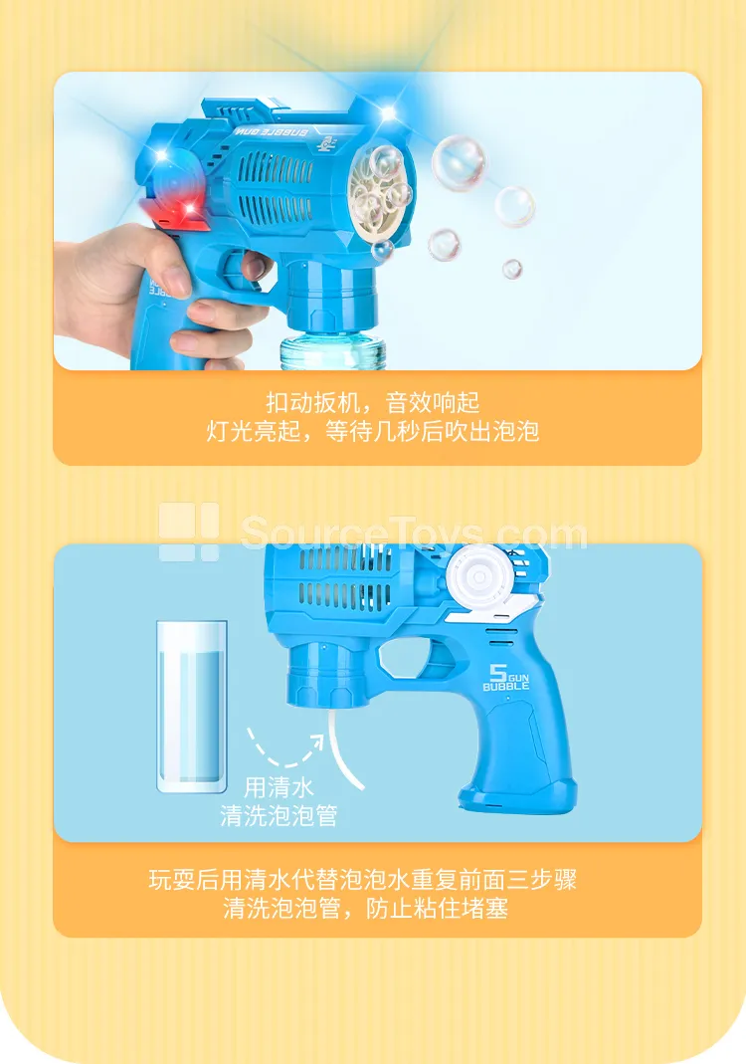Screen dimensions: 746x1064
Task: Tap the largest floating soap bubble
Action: (459, 163)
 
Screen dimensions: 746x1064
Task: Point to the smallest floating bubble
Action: (512, 270)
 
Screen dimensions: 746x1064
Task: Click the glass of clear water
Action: (192, 707)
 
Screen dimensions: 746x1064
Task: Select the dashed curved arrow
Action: (283, 755)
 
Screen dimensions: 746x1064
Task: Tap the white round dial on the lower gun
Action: (479, 577)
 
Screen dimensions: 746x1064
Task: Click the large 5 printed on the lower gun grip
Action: (498, 673)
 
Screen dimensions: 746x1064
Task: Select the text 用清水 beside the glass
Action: (279, 788)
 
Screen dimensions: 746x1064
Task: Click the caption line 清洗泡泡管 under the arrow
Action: (279, 815)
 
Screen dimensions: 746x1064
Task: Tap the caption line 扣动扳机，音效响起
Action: (373, 402)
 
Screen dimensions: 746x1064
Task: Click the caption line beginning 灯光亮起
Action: (373, 431)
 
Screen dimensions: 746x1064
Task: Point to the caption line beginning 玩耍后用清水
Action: (363, 880)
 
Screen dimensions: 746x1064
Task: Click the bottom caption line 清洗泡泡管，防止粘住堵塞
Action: (366, 908)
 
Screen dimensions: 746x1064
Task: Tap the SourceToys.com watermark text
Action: (414, 533)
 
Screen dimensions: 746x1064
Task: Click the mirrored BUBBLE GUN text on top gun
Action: (271, 131)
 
